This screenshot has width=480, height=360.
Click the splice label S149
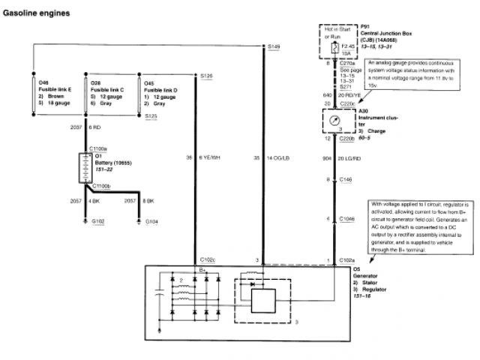[274, 47]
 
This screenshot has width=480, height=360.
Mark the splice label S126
[206, 76]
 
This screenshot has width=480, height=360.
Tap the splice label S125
[151, 116]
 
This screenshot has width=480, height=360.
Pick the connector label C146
[345, 181]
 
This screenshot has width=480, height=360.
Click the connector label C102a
[346, 259]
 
